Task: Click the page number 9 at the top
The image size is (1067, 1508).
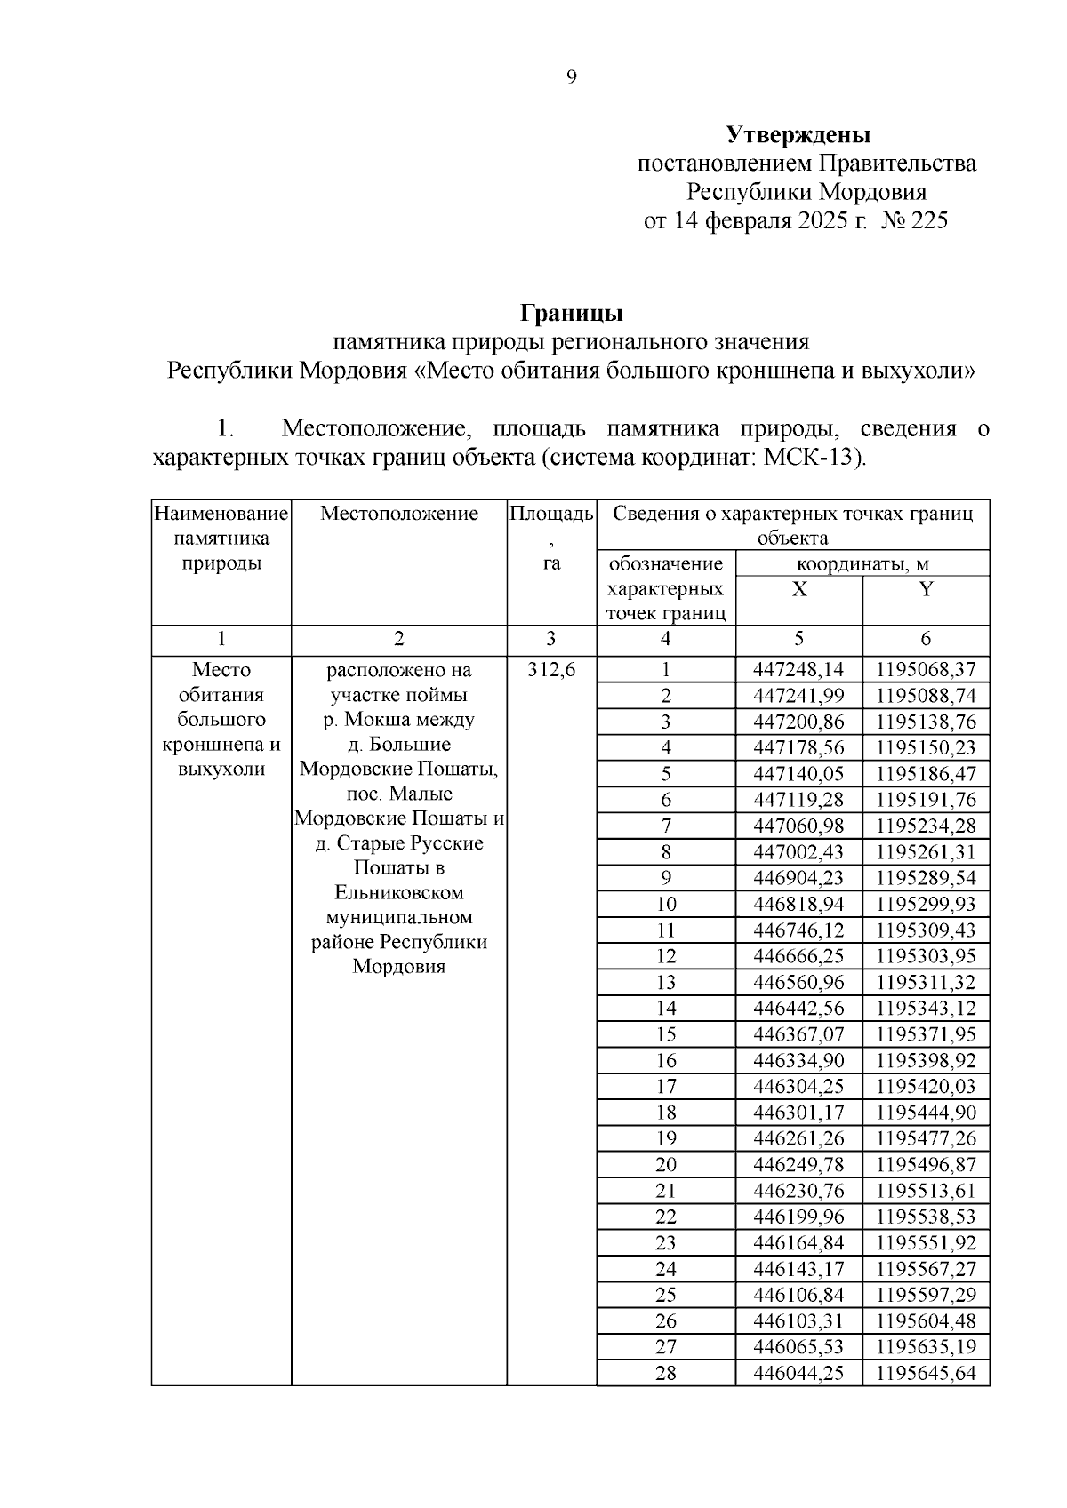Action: click(571, 78)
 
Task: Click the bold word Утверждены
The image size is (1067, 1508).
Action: click(798, 135)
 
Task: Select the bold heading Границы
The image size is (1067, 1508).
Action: click(571, 314)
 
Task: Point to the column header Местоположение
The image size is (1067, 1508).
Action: click(399, 514)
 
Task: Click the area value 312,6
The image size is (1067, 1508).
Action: click(551, 670)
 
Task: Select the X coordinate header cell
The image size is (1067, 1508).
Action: click(799, 590)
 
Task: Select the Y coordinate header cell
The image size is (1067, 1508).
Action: click(926, 590)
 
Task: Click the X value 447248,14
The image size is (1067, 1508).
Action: click(798, 670)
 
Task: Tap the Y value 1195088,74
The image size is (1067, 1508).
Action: click(926, 696)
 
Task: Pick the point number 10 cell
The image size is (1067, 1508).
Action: click(666, 905)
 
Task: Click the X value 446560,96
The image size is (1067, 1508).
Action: click(798, 983)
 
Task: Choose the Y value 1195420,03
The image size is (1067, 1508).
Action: click(926, 1087)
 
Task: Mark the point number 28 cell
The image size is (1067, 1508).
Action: click(666, 1374)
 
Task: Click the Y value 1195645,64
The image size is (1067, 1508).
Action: click(926, 1374)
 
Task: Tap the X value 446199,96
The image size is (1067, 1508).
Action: click(798, 1217)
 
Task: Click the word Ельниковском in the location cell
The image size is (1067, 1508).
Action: click(399, 893)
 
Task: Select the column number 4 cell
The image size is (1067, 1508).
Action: click(666, 639)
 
